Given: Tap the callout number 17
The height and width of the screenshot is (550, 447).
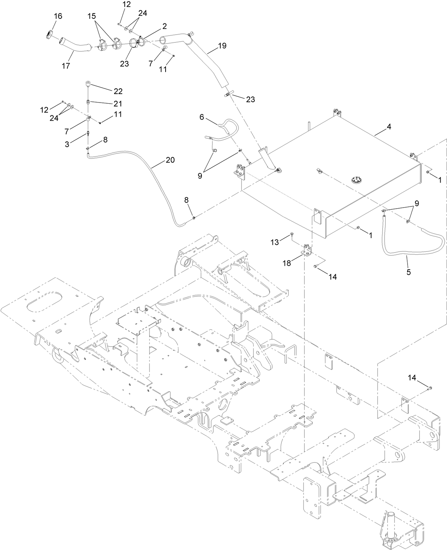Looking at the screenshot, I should [x=66, y=66].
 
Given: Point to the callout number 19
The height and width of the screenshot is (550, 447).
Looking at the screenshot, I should [x=222, y=46].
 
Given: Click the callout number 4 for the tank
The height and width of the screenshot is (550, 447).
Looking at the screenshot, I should [x=389, y=127].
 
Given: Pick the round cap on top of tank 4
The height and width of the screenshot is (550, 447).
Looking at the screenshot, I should [x=357, y=180].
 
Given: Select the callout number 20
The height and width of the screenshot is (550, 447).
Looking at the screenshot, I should [x=170, y=160].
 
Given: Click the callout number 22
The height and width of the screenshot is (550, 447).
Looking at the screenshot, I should [x=118, y=91].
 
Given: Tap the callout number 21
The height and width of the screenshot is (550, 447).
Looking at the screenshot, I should [x=118, y=104].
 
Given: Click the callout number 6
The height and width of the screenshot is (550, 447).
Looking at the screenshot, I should [x=201, y=117].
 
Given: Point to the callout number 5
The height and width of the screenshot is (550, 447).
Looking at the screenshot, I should [x=408, y=272].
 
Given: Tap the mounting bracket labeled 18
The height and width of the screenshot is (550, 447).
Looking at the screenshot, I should [x=306, y=249].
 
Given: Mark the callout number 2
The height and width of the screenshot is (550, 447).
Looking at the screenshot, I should [x=165, y=26].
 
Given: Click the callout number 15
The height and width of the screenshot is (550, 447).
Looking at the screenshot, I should [x=91, y=16].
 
